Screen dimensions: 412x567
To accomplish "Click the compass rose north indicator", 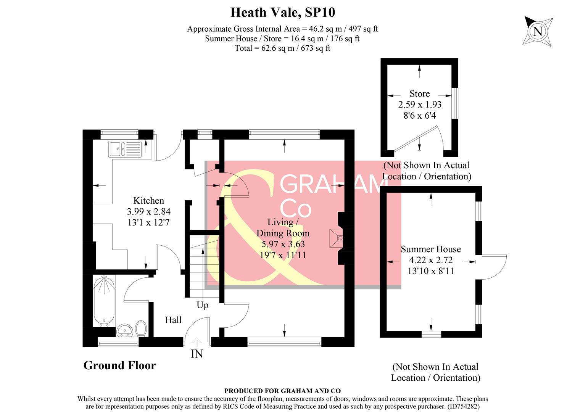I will click(537, 31).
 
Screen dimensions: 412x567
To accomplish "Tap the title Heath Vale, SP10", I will click(283, 13).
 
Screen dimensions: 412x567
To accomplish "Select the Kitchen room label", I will click(148, 201).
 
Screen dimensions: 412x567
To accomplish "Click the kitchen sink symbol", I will click(124, 149).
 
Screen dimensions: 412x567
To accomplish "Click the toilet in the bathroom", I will click(141, 328).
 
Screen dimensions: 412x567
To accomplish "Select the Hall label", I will click(173, 320).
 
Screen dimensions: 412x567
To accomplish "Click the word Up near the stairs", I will click(202, 305).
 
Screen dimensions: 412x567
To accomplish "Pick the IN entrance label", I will click(197, 354).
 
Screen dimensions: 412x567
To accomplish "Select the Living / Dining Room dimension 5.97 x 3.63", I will click(283, 244).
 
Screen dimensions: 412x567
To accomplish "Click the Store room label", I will click(419, 94).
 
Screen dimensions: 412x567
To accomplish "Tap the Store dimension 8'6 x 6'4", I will click(419, 115).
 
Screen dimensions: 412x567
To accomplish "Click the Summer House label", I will click(431, 249).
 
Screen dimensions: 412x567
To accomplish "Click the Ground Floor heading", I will click(119, 365).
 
